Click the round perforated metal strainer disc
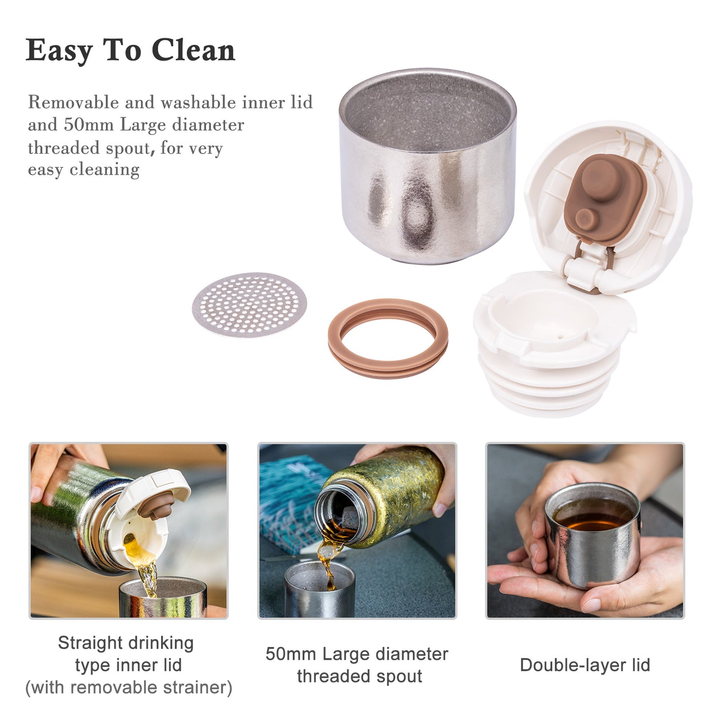tap(249, 305)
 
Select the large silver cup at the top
tap(428, 166)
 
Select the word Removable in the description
tap(73, 102)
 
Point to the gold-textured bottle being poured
tap(380, 497)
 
